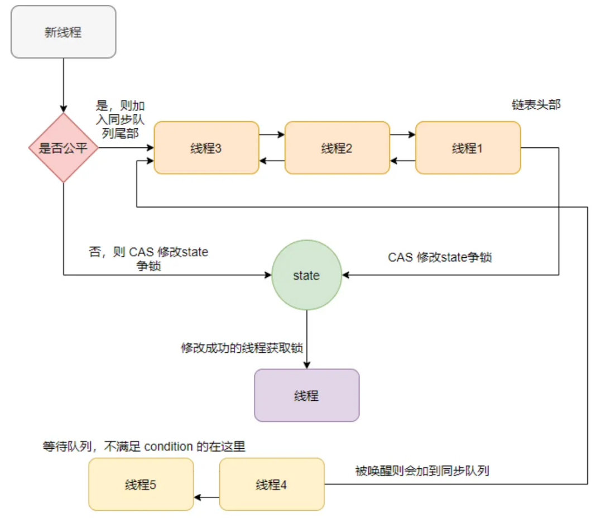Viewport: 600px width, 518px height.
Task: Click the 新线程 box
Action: [x=63, y=32]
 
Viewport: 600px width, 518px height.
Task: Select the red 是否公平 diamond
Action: [x=63, y=148]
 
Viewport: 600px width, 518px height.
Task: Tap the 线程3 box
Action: [x=206, y=148]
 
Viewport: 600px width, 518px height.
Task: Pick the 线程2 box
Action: [x=337, y=148]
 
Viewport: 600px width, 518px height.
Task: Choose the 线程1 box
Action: [x=468, y=148]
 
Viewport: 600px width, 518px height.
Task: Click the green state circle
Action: [x=306, y=275]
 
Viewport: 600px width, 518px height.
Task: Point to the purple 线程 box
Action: [x=306, y=395]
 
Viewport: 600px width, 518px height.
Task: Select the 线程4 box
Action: [x=271, y=484]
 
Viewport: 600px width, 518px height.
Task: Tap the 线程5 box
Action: [x=141, y=484]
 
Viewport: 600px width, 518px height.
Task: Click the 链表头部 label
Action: [x=536, y=104]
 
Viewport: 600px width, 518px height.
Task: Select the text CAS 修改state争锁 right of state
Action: [x=440, y=257]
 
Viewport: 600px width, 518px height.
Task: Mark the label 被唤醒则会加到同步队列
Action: [x=422, y=471]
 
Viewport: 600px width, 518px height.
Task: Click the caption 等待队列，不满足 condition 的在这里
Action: [x=144, y=447]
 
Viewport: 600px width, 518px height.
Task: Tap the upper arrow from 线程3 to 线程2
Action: [x=272, y=135]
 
